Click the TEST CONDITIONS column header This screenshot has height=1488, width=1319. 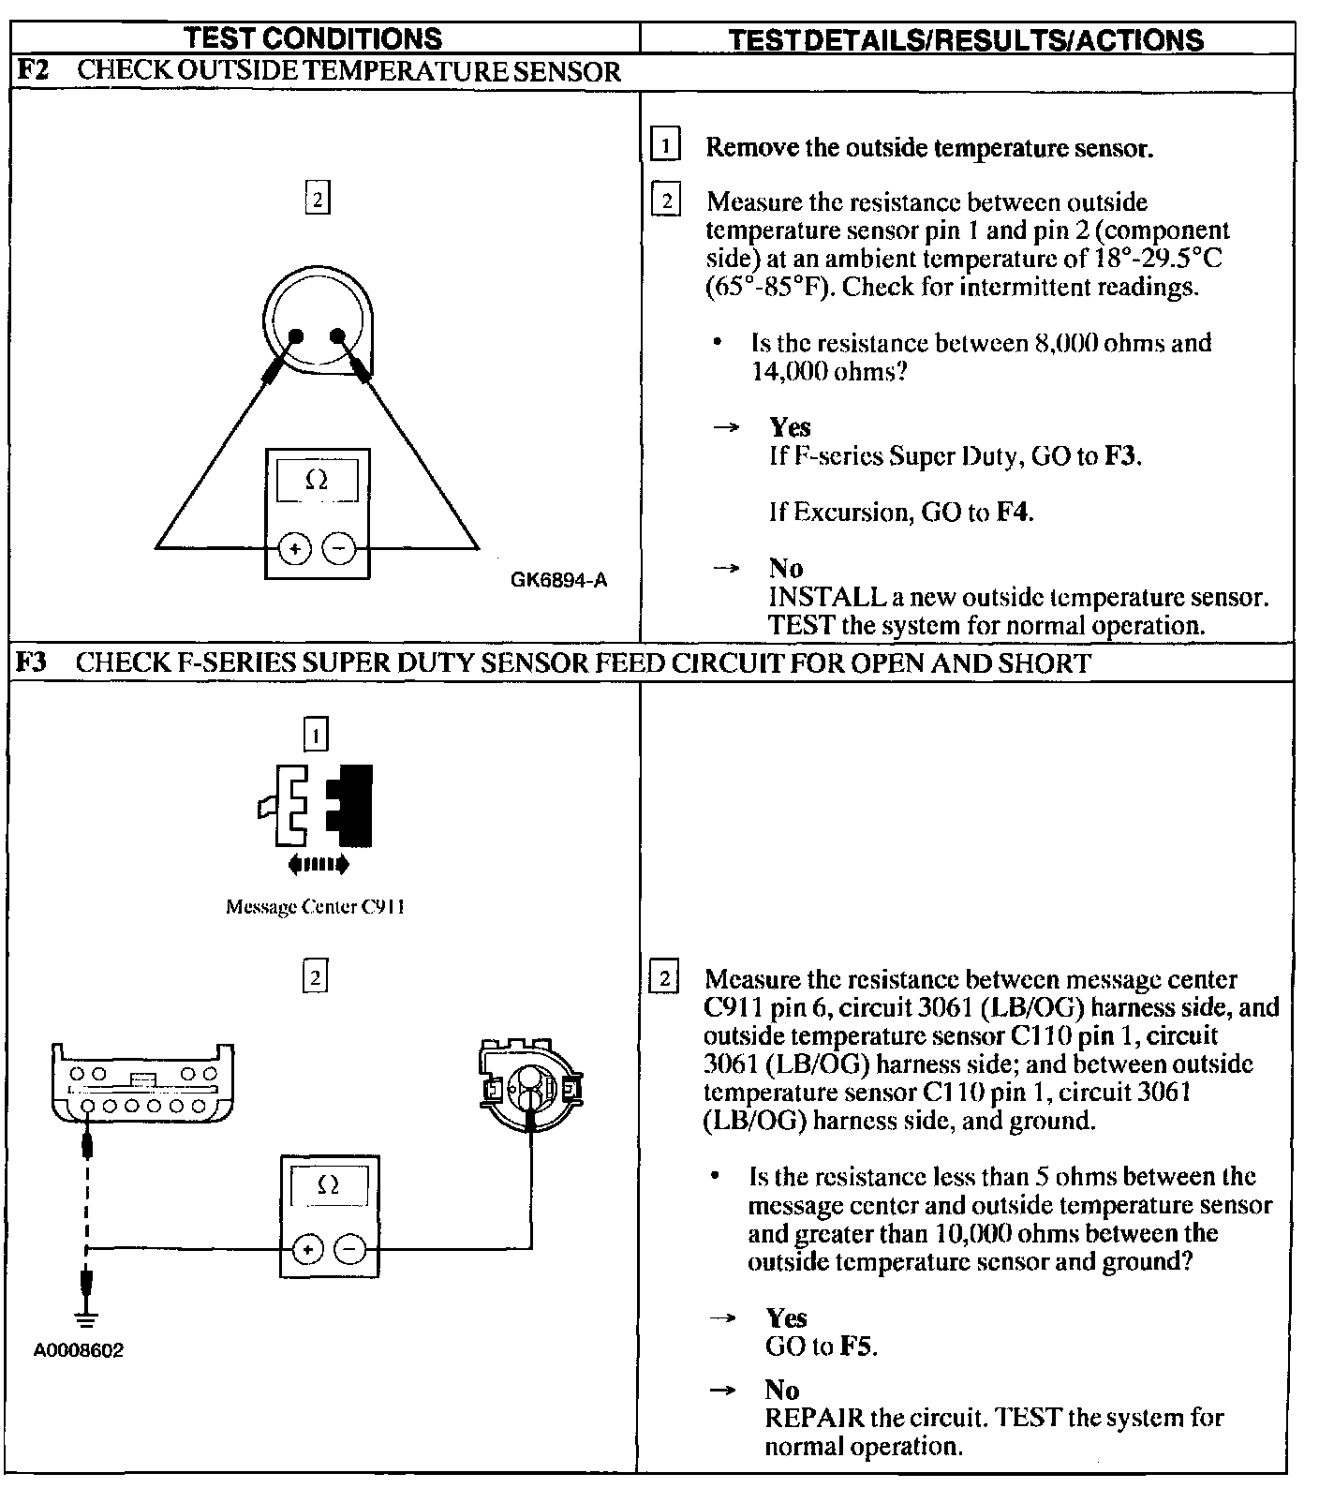pyautogui.click(x=313, y=38)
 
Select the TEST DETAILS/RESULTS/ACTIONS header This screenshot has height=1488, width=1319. pyautogui.click(x=966, y=39)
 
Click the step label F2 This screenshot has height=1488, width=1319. pyautogui.click(x=32, y=72)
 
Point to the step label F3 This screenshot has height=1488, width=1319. pyautogui.click(x=32, y=663)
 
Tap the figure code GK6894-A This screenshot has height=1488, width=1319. pyautogui.click(x=558, y=580)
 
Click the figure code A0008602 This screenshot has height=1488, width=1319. pyautogui.click(x=79, y=1350)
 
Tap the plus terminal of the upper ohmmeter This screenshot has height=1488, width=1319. pyautogui.click(x=295, y=549)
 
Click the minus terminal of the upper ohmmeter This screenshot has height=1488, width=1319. pyautogui.click(x=339, y=549)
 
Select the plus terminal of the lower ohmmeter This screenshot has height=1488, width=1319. pyautogui.click(x=308, y=1249)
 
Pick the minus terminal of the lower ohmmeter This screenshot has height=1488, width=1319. pyautogui.click(x=350, y=1249)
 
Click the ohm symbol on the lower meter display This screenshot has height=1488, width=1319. pyautogui.click(x=329, y=1185)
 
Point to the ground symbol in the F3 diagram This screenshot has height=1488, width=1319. pyautogui.click(x=86, y=1321)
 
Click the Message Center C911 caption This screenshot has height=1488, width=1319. pyautogui.click(x=315, y=907)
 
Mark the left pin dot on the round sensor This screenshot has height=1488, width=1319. pyautogui.click(x=296, y=336)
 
